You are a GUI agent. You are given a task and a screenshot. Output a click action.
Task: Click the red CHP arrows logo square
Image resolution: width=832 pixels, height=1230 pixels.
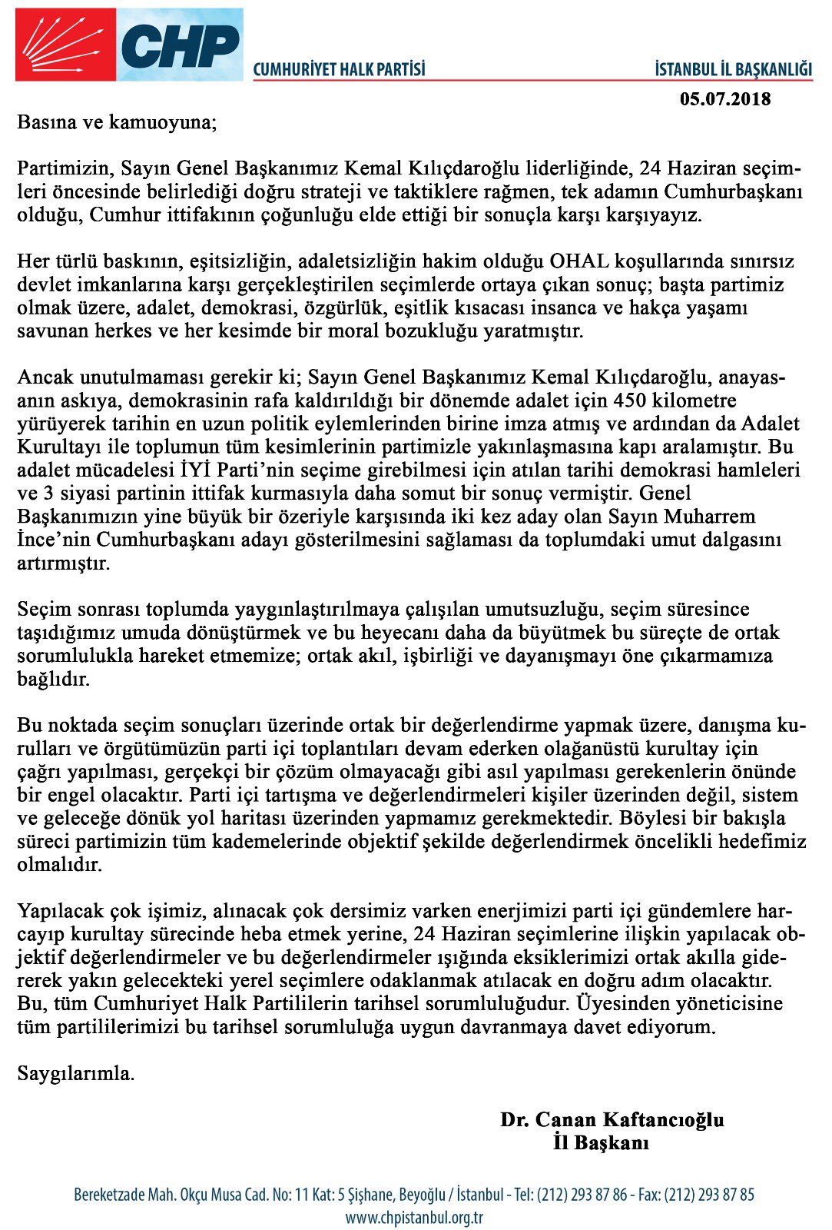click(65, 45)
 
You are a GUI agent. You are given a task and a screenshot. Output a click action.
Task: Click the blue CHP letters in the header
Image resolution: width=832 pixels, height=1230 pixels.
click(181, 46)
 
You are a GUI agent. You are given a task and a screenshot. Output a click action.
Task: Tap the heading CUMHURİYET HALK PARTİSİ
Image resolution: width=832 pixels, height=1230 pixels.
click(339, 70)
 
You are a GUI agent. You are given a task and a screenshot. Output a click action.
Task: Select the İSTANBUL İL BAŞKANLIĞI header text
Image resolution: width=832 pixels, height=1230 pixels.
click(733, 70)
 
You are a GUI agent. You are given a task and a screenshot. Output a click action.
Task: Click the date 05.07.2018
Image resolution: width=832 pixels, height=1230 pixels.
click(725, 99)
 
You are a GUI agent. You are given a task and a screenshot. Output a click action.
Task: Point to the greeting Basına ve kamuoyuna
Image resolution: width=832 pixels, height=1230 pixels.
click(117, 123)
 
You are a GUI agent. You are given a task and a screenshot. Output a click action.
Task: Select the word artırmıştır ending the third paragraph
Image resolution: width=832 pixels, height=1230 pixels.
click(64, 563)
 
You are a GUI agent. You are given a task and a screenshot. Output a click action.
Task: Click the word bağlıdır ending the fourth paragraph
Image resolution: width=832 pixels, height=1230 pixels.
click(53, 680)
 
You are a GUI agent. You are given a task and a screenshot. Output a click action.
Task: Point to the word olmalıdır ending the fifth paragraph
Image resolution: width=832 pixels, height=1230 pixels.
click(59, 865)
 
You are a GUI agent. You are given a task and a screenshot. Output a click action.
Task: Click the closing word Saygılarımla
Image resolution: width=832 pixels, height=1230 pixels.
click(75, 1074)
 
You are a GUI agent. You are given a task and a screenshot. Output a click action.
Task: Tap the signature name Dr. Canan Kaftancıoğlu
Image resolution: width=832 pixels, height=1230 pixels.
click(612, 1120)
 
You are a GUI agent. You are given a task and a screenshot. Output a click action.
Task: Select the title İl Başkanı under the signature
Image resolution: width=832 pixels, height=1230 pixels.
click(601, 1143)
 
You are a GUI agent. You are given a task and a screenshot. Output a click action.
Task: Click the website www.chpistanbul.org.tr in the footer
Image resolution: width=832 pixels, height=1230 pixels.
click(413, 1218)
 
